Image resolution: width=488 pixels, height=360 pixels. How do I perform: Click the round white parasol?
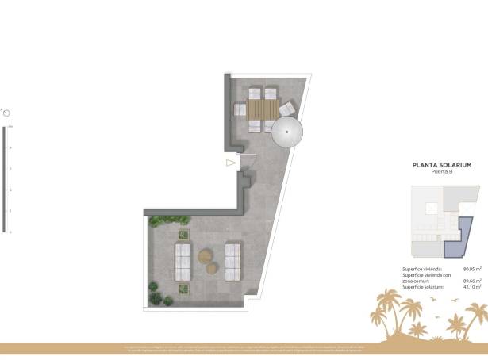pyautogui.click(x=287, y=132)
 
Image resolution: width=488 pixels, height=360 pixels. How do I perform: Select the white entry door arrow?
pyautogui.click(x=231, y=163)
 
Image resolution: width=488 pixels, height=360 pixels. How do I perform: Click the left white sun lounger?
pyautogui.click(x=183, y=262)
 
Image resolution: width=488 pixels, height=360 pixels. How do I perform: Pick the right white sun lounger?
pyautogui.click(x=233, y=262)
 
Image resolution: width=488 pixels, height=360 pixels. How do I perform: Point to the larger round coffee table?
pyautogui.click(x=206, y=256)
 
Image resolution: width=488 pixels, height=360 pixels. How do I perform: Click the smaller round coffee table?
pyautogui.click(x=212, y=268)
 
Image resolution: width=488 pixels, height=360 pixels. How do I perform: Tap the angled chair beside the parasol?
pyautogui.click(x=287, y=109)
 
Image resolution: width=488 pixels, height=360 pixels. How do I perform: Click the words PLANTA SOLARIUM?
pyautogui.click(x=442, y=165)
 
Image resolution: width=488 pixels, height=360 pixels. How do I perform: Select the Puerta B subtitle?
pyautogui.click(x=442, y=172)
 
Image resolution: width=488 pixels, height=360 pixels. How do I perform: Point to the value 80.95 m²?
pyautogui.click(x=472, y=270)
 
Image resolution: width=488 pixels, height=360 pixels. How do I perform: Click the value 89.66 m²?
pyautogui.click(x=472, y=280)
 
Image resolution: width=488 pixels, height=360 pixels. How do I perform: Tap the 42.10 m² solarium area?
pyautogui.click(x=472, y=285)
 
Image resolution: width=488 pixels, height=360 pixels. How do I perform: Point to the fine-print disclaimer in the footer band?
pyautogui.click(x=244, y=348)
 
